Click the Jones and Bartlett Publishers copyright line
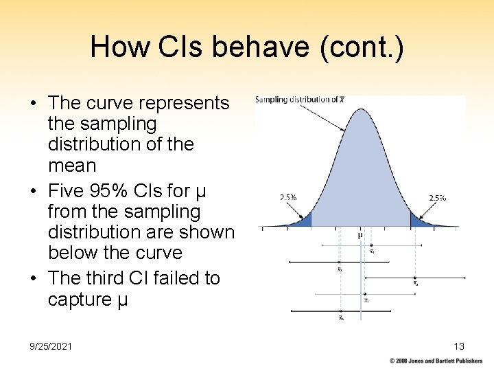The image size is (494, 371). [x=436, y=361]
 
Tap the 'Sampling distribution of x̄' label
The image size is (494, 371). [x=300, y=100]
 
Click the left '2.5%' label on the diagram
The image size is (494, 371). [x=288, y=197]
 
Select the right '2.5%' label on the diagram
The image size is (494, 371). [x=437, y=197]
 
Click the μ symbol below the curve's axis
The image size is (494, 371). [x=361, y=235]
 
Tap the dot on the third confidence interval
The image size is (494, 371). [x=415, y=278]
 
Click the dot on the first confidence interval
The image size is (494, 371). [x=371, y=245]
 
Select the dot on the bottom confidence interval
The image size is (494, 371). [x=340, y=311]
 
